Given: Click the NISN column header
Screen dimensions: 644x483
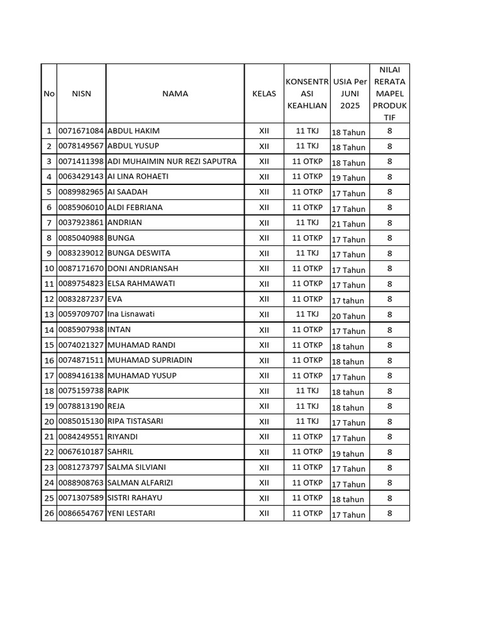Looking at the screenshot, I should click(81, 94).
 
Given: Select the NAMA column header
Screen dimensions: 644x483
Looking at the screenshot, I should click(175, 94).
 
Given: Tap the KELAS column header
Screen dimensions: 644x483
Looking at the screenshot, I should click(264, 94).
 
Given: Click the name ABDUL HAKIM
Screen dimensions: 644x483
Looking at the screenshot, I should click(134, 131).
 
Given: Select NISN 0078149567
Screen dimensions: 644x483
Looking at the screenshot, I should click(80, 146).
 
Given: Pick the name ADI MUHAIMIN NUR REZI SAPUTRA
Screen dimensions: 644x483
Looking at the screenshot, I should click(172, 162).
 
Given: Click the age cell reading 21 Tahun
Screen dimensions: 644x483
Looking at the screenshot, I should click(348, 224).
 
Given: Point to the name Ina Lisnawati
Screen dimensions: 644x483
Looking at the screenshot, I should click(131, 314).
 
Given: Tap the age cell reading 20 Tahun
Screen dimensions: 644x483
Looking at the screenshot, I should click(348, 316).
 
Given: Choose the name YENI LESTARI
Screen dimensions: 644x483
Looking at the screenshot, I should click(131, 513).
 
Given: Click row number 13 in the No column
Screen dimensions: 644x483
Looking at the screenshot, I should click(48, 314).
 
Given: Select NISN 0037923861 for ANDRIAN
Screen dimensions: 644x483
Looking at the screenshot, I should click(80, 223).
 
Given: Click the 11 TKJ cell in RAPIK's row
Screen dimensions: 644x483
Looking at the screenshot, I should click(308, 391).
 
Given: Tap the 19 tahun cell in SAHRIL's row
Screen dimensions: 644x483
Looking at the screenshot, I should click(348, 453).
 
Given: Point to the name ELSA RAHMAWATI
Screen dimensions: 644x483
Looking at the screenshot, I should click(142, 284).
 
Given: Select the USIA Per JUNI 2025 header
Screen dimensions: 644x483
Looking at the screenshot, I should click(350, 94).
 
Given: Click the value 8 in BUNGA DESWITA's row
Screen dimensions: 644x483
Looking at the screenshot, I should click(389, 253).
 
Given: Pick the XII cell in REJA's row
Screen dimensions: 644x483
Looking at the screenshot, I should click(264, 406).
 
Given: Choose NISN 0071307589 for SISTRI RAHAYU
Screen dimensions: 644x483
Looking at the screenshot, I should click(80, 498).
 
